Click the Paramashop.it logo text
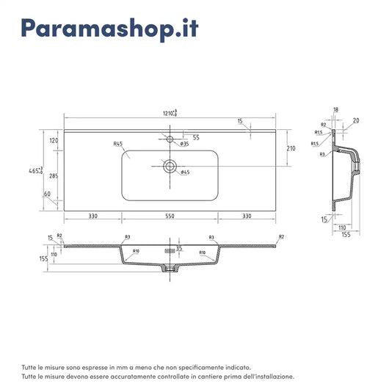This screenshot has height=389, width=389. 109,29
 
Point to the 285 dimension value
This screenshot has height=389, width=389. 54,177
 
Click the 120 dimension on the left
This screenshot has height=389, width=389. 54,140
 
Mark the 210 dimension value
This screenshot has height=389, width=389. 291,148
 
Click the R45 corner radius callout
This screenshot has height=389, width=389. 117,144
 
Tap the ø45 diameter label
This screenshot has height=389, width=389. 184,172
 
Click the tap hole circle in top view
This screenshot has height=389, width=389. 170,138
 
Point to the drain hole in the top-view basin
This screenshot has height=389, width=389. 170,167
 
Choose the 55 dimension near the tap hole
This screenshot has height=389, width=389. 196,137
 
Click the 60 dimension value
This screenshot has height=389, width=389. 46,194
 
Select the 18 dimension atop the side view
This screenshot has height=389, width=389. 335,109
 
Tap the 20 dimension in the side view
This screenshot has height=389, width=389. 356,120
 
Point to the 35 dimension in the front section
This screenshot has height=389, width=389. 178,248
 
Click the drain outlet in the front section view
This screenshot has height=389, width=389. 170,269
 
